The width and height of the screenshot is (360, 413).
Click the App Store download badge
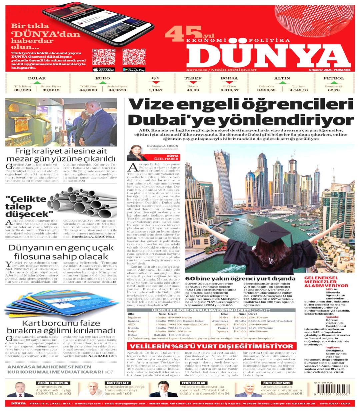pos(104,69)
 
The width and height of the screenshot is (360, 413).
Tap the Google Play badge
pos(134,69)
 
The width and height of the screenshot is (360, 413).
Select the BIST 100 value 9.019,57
pos(229,90)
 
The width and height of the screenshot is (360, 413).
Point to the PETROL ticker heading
pos(333,78)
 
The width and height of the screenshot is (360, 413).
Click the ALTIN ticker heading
pos(282,78)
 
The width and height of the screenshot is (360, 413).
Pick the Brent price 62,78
pos(333,90)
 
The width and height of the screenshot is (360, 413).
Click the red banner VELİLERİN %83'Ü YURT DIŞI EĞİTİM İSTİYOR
pos(212,346)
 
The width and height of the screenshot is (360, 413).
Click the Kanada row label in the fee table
pos(133,321)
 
